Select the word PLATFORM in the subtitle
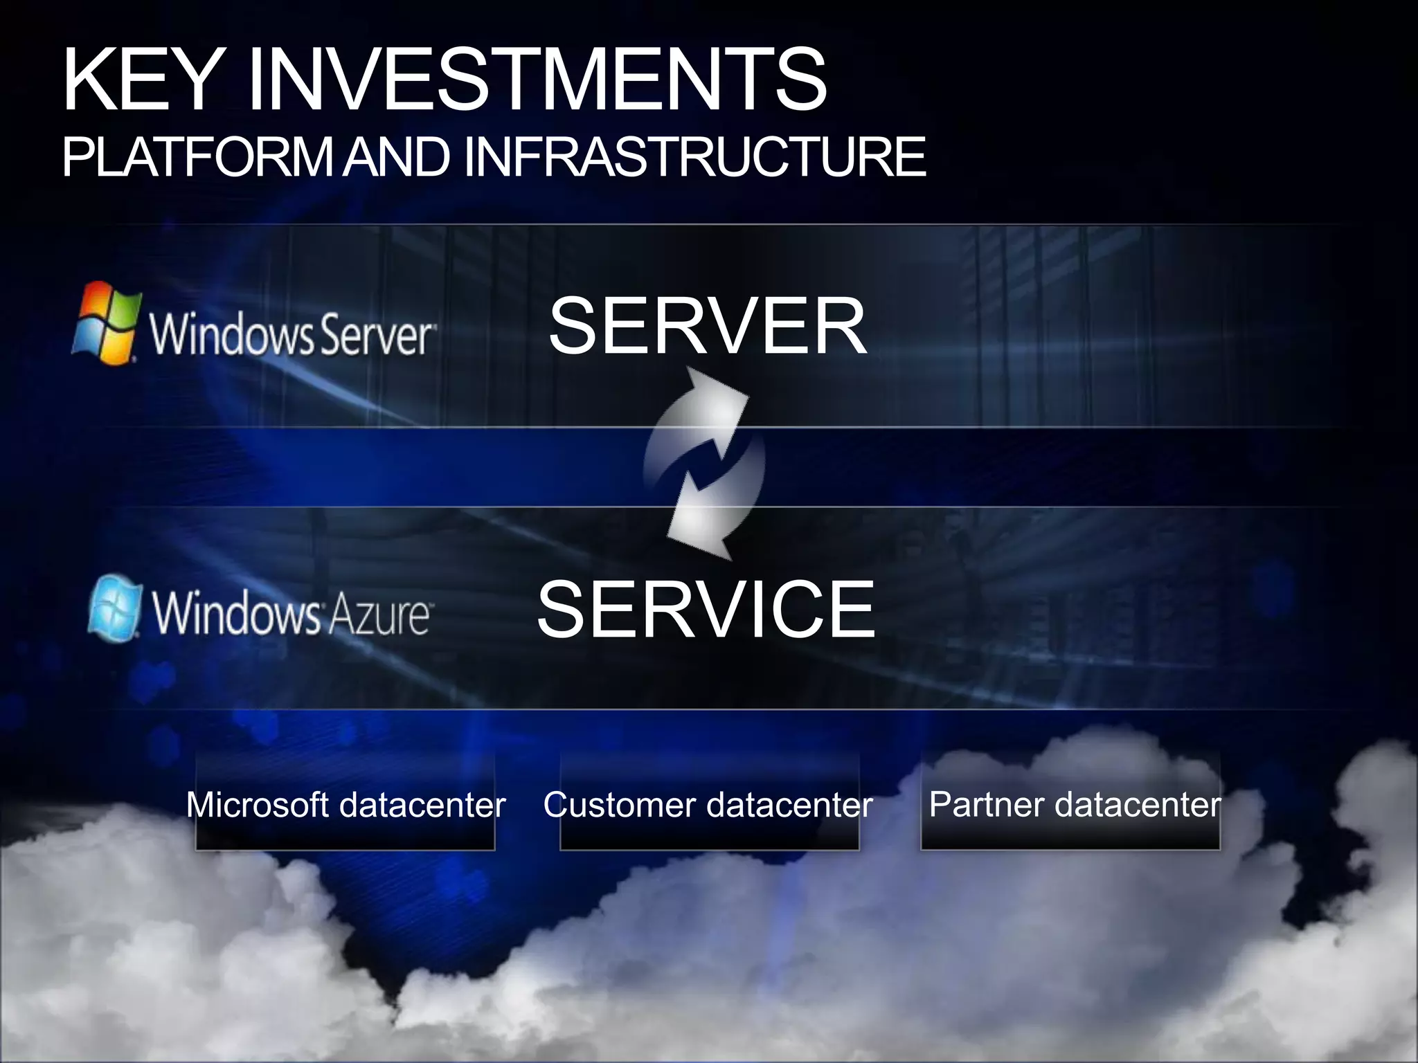point(197,157)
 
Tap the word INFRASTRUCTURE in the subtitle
point(694,157)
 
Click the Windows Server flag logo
point(105,322)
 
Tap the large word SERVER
point(707,326)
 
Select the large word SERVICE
point(706,610)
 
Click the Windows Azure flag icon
point(115,608)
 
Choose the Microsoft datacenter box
point(345,803)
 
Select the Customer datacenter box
point(709,803)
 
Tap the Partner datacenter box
point(1070,803)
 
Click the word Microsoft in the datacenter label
point(257,805)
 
